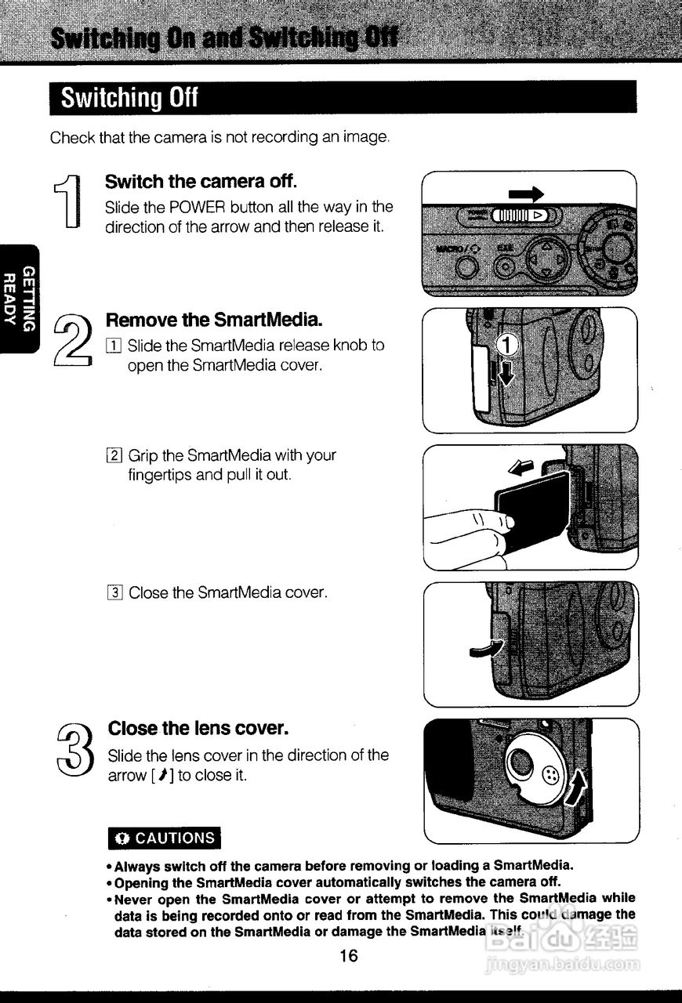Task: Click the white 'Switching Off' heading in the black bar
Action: [130, 98]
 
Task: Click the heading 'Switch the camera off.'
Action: [201, 182]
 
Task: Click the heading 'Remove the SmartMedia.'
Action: [214, 320]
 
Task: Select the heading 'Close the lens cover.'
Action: [198, 728]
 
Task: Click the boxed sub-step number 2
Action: [114, 455]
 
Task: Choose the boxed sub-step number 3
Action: [114, 593]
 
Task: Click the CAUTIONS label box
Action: [165, 838]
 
